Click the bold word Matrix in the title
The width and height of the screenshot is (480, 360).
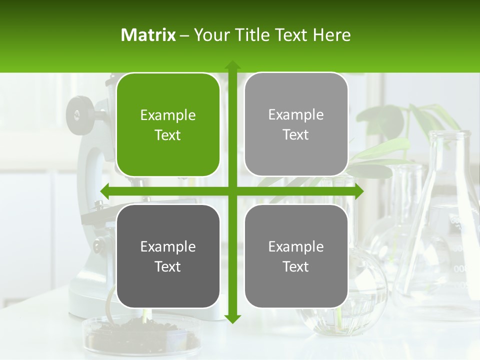148,35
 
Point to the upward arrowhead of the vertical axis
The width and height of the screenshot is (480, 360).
232,65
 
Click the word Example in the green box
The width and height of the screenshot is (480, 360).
168,115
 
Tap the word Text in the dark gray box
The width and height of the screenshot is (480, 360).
168,266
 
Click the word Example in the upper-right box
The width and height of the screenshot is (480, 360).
296,115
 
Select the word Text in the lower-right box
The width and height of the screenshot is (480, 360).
296,266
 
